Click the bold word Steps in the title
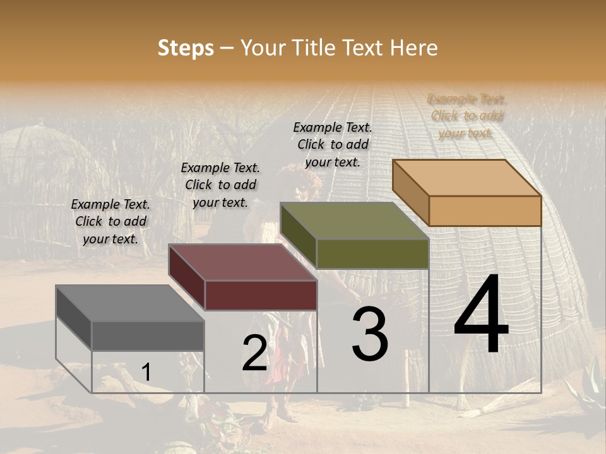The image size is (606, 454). tap(186, 48)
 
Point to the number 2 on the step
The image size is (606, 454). tap(254, 352)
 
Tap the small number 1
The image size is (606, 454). tap(146, 372)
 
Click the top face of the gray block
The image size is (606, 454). tap(130, 303)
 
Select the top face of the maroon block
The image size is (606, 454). tap(242, 263)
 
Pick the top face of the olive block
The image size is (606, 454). tap(355, 221)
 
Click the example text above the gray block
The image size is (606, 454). tap(110, 222)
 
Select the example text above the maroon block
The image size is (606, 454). tap(220, 185)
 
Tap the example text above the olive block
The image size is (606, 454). tap(333, 144)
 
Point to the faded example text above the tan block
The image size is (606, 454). tap(467, 116)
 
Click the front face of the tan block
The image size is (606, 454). tap(485, 211)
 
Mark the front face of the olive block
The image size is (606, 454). tap(372, 253)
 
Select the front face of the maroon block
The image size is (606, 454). tap(261, 295)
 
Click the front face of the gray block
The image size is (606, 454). tap(148, 335)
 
